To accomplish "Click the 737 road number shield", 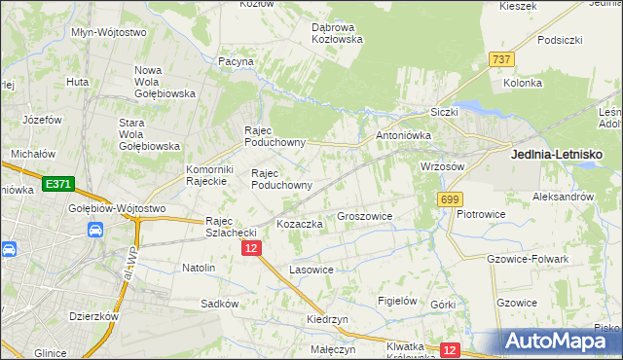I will click(x=501, y=59).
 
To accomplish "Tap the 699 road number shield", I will click(x=449, y=199).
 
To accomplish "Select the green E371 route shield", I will click(x=58, y=183).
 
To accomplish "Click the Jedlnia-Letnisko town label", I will click(x=557, y=155).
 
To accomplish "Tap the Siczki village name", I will click(x=443, y=112).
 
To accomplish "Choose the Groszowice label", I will click(x=364, y=217).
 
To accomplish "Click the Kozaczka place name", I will click(x=300, y=224).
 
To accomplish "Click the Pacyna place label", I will click(x=236, y=61).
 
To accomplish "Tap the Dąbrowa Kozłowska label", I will click(x=337, y=33).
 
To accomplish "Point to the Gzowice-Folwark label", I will click(x=527, y=259).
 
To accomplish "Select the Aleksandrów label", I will click(x=563, y=197).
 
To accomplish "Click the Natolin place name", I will click(x=199, y=267).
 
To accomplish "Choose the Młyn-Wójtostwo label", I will click(x=109, y=32).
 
